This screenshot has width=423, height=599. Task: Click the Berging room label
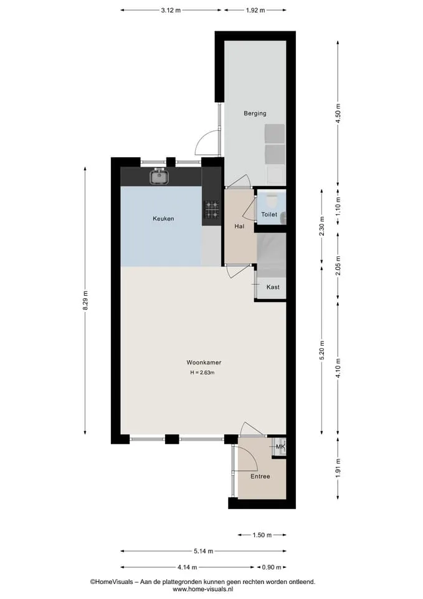(255, 114)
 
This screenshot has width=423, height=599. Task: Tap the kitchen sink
(159, 177)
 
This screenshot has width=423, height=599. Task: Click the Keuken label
(163, 218)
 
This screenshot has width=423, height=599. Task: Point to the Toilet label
(269, 214)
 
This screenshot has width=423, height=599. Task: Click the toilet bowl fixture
(272, 200)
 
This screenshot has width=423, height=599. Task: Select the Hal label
(239, 226)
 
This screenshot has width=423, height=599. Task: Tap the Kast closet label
(273, 287)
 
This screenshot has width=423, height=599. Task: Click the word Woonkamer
(204, 363)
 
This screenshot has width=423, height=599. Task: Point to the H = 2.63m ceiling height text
(202, 373)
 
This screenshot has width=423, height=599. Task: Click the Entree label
(260, 476)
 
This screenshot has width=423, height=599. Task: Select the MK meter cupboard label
(280, 447)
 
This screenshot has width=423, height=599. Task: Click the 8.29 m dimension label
(85, 301)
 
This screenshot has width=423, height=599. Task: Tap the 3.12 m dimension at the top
(171, 11)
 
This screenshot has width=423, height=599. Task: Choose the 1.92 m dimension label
(255, 11)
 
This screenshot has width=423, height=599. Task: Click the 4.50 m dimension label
(338, 114)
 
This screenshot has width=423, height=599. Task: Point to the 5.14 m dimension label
(203, 551)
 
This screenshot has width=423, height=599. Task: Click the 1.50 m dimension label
(262, 535)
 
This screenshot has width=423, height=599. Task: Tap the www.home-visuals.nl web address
(202, 590)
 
